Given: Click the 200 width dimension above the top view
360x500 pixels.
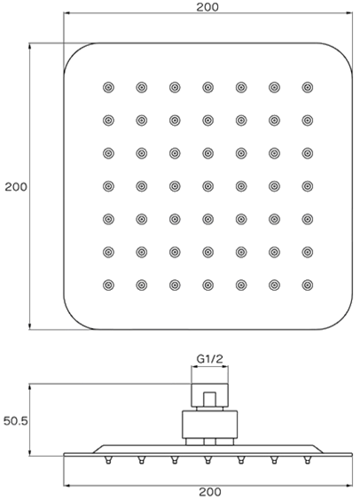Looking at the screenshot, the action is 207,7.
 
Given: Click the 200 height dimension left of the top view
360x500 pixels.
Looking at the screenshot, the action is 16,186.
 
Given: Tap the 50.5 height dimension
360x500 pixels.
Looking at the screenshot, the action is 16,421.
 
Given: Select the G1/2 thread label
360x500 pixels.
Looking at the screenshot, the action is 209,359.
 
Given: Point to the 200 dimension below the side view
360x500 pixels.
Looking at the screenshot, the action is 210,492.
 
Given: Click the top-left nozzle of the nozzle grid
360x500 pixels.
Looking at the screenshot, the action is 108,88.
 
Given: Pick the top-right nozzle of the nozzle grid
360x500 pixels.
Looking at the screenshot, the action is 308,88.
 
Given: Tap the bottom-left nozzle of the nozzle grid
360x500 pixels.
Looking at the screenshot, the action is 108,285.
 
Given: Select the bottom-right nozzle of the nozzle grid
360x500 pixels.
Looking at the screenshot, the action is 308,285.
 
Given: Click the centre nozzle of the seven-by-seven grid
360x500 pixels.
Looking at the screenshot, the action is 207,186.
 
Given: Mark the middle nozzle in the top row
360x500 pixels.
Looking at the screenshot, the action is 207,88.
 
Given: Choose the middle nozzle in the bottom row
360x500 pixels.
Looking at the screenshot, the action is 207,285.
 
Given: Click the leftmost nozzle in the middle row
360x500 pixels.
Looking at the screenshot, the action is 108,186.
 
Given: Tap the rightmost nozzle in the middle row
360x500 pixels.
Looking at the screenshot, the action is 308,186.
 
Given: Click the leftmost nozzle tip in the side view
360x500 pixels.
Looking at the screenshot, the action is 108,460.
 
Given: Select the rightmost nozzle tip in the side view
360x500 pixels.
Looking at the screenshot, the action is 308,460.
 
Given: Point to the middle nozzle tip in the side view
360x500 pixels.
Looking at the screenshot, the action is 207,460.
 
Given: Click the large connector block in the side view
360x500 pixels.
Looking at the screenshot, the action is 209,424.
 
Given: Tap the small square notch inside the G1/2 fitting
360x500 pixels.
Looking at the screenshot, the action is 209,399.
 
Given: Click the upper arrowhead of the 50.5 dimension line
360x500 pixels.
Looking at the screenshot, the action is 29,387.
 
